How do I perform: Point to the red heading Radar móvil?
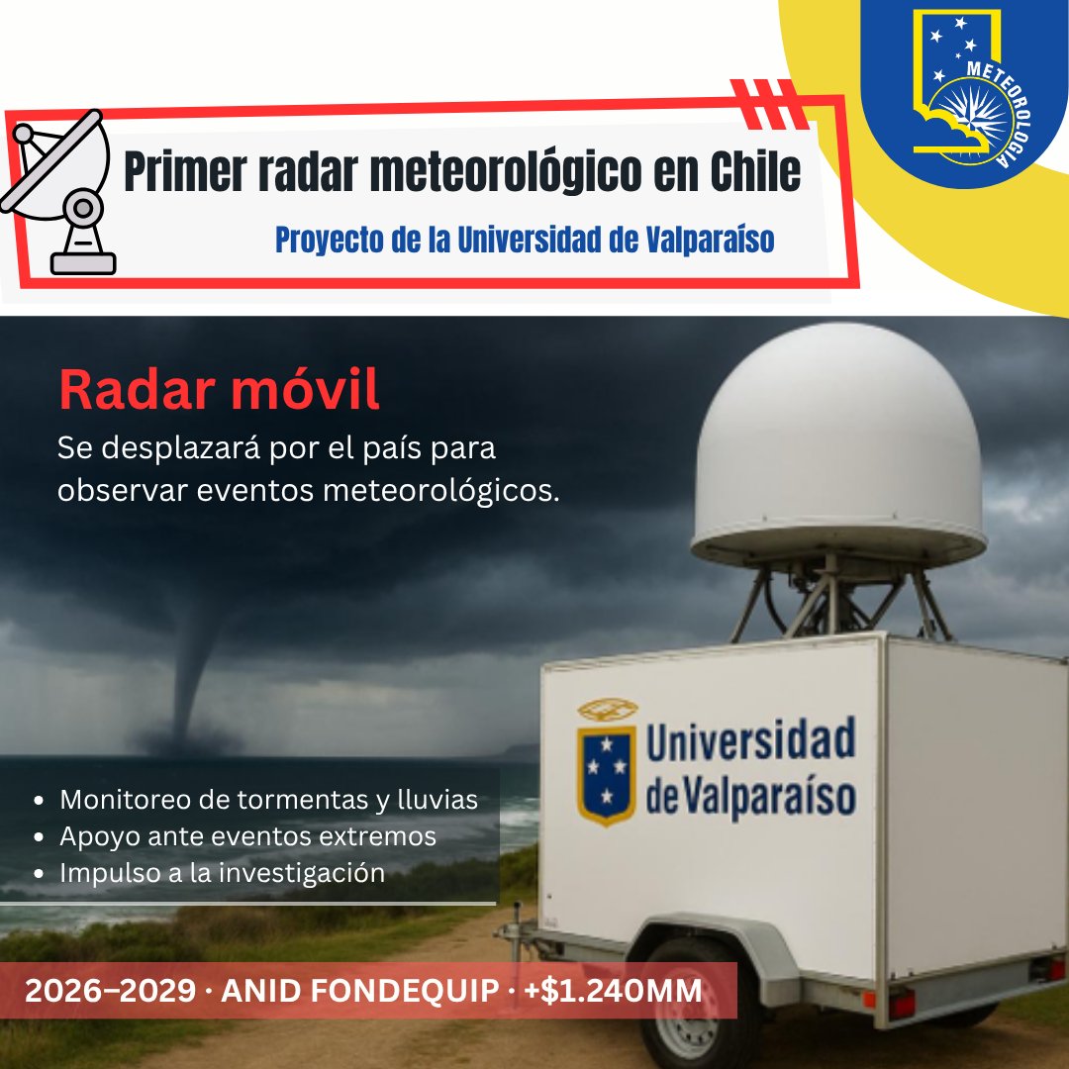(x=219, y=390)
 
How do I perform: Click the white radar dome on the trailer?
(x=839, y=445)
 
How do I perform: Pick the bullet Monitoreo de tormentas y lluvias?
(x=268, y=800)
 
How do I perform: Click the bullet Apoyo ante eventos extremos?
(x=247, y=836)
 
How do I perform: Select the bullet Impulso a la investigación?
(x=222, y=873)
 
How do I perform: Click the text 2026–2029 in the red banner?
(x=109, y=991)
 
